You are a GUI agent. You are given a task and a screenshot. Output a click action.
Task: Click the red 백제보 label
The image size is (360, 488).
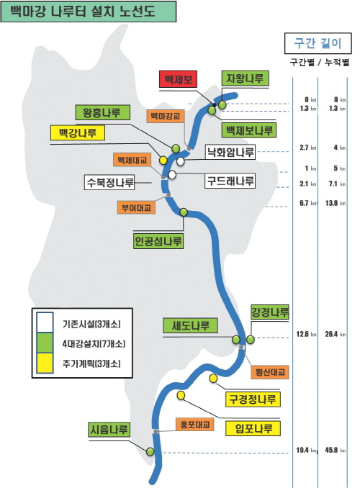(178, 79)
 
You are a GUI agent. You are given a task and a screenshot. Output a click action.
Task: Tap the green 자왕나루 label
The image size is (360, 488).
(245, 78)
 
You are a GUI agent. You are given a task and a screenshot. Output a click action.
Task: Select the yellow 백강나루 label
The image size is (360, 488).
(78, 133)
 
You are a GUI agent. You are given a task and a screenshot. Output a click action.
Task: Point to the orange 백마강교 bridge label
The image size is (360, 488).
(166, 116)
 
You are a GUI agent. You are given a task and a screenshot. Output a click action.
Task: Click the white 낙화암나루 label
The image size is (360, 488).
(230, 152)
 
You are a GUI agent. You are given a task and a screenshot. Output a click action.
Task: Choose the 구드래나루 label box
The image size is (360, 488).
(230, 181)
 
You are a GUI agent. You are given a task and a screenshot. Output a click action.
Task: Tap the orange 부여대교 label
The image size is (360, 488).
(136, 207)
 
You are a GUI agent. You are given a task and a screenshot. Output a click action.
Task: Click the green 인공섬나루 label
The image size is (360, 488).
(158, 241)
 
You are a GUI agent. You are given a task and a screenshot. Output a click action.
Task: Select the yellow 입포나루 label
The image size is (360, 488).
(253, 428)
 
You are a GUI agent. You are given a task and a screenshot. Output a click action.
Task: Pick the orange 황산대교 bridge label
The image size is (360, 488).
(270, 372)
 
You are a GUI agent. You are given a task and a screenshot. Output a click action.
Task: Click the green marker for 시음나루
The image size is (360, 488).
(150, 451)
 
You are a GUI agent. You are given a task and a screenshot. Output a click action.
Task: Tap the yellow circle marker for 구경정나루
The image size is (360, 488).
(213, 378)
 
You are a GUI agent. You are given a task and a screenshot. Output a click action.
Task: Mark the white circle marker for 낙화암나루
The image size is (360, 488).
(180, 161)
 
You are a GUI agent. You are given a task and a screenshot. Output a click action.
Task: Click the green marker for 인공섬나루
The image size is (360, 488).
(184, 212)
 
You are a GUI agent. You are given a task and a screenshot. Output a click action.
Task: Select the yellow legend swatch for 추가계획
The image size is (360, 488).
(45, 363)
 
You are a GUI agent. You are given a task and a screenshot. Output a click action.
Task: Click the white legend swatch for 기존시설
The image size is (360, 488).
(45, 322)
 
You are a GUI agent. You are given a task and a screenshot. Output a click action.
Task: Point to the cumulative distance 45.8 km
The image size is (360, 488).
(335, 450)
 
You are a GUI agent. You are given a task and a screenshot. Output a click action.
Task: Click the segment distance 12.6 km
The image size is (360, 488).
(306, 334)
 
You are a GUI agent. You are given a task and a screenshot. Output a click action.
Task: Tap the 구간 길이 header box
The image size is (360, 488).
(318, 43)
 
